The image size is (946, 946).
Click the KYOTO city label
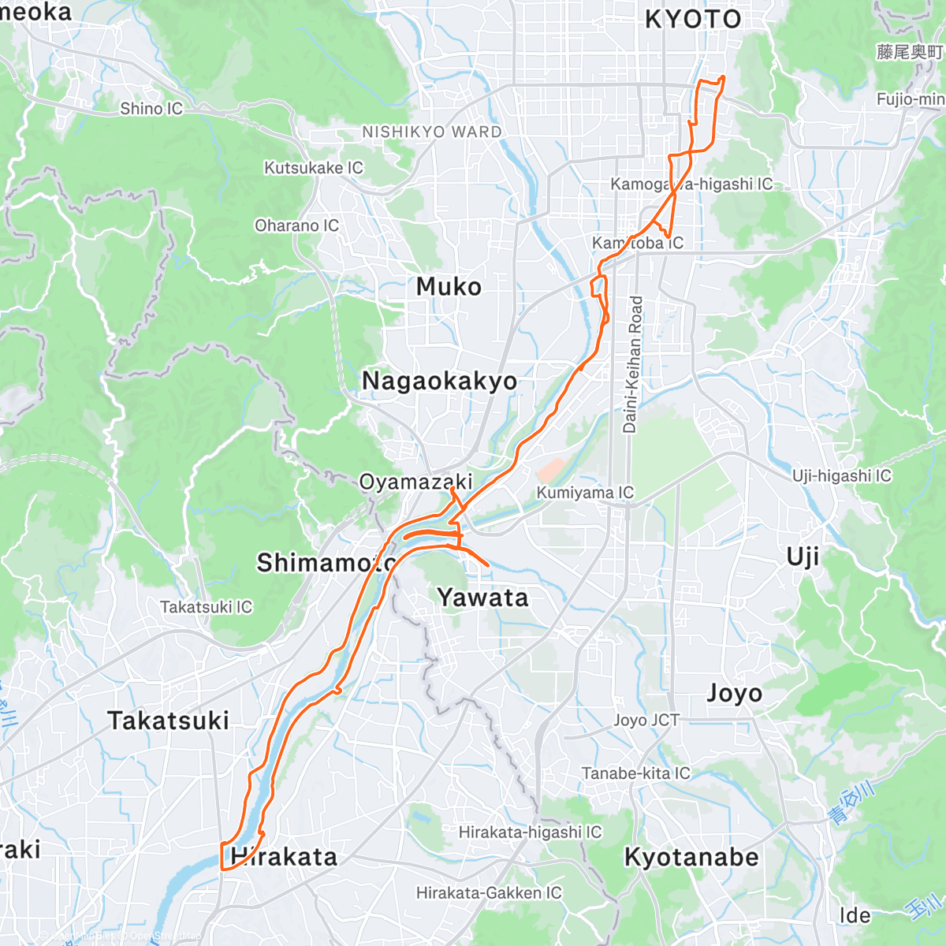click(693, 19)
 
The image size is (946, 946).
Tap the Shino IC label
click(151, 109)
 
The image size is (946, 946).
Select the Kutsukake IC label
click(313, 168)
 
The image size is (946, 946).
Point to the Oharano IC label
click(296, 225)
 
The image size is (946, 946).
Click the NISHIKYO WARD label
click(431, 132)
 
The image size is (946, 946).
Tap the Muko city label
click(449, 287)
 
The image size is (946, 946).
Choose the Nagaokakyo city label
click(439, 381)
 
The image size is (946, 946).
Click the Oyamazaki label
click(415, 482)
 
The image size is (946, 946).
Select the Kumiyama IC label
click(585, 493)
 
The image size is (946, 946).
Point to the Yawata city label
click(482, 598)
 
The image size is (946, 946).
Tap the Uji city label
click(803, 557)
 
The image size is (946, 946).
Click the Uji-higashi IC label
click(841, 475)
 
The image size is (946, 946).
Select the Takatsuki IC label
click(206, 607)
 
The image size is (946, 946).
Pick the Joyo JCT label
click(646, 720)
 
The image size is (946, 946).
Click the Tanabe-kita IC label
click(635, 773)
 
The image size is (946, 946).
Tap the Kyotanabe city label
click(691, 858)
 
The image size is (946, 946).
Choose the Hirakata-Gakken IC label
click(489, 893)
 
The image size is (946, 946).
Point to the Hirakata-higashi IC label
click(530, 832)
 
